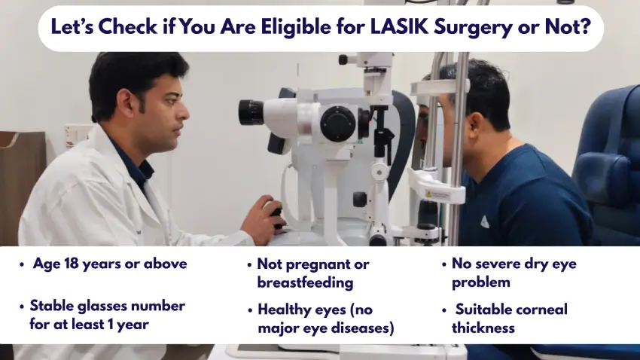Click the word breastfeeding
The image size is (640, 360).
coord(305,282)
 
